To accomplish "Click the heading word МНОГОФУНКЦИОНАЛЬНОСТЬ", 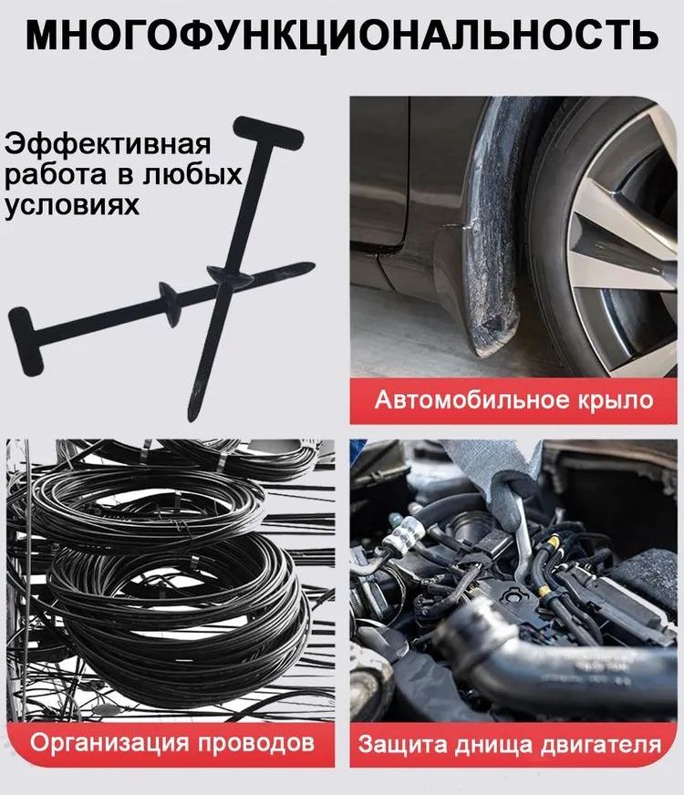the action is (x=342, y=35).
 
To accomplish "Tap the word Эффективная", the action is (x=107, y=144).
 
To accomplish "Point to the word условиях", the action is (x=71, y=205).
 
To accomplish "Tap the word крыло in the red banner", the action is (x=615, y=401).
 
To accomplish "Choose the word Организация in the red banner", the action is (x=109, y=743).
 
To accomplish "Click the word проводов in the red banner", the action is (x=255, y=744).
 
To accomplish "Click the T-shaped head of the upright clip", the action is (x=269, y=131).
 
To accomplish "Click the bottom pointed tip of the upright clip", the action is (x=191, y=418).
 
